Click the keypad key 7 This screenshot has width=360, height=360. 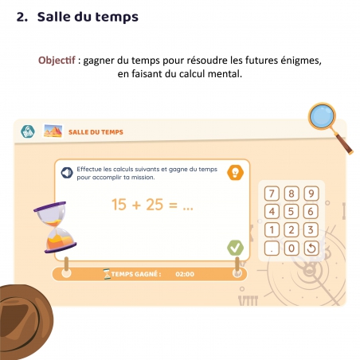[272, 194]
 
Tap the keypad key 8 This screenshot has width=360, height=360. [292, 194]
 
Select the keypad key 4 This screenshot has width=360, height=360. [272, 212]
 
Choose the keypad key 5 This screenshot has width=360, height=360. [292, 212]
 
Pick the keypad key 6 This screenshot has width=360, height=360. [311, 212]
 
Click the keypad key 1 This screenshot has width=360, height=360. [272, 230]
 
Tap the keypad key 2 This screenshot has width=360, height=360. [292, 230]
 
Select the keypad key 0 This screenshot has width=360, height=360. [292, 248]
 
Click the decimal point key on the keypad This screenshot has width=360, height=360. [272, 248]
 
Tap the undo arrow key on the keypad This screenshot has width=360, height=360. [311, 248]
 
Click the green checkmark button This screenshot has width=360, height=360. [235, 248]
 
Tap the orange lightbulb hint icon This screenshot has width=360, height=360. [235, 172]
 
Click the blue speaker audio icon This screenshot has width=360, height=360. [68, 170]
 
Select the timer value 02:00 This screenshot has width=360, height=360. [184, 275]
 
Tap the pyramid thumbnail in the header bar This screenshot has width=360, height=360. [53, 131]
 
